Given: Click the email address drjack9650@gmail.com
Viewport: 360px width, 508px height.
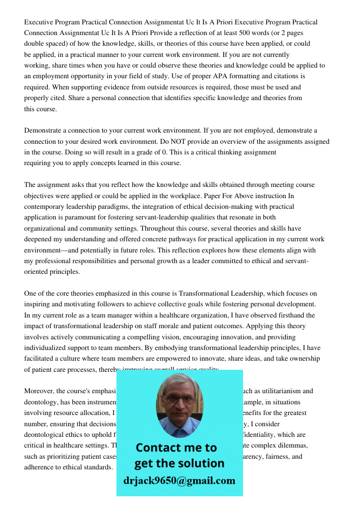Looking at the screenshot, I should (x=179, y=481).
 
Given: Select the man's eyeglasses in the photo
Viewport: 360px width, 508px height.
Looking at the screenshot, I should (x=179, y=399).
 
